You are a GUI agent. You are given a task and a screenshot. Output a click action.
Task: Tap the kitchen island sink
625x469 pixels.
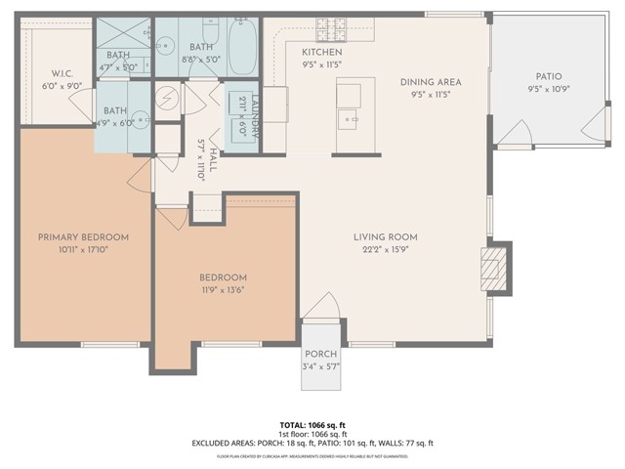pos(350,120)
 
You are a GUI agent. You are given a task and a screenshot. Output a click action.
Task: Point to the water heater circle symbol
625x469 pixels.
pos(168,98)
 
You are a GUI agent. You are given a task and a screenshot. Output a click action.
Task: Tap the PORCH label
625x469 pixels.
pos(320,355)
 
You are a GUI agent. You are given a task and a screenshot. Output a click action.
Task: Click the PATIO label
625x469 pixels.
pos(548,77)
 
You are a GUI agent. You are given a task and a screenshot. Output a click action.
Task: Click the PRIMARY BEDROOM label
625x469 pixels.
pos(83,236)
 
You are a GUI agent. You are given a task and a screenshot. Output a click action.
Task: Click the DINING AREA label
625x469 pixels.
pos(430,82)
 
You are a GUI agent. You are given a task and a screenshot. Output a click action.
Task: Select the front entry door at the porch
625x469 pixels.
pos(320,311)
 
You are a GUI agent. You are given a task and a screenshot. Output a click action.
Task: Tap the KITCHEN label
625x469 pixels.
pos(321,52)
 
